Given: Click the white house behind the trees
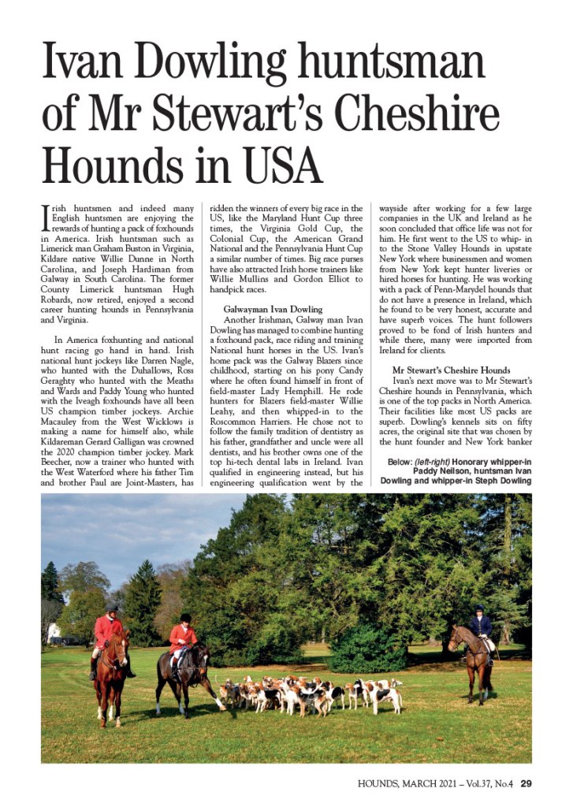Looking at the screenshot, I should click(53, 631).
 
